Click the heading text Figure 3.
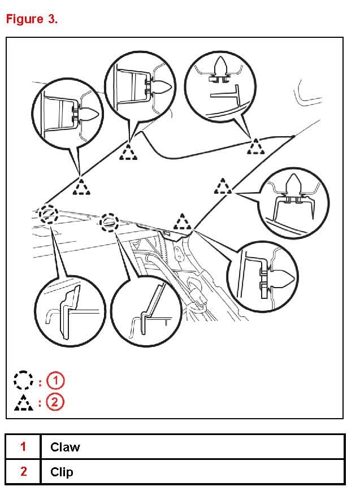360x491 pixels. pyautogui.click(x=32, y=19)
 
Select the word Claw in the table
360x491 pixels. pyautogui.click(x=65, y=447)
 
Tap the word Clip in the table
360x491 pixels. pyautogui.click(x=62, y=472)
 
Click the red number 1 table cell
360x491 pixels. pyautogui.click(x=23, y=447)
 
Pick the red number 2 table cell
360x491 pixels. pyautogui.click(x=23, y=472)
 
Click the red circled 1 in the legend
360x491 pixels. pyautogui.click(x=55, y=380)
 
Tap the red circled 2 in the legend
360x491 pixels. pyautogui.click(x=55, y=402)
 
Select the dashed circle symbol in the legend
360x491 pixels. pyautogui.click(x=23, y=380)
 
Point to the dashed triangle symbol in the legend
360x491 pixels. pyautogui.click(x=23, y=402)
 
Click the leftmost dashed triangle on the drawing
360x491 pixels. pyautogui.click(x=83, y=187)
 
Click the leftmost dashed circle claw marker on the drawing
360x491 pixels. pyautogui.click(x=49, y=214)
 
